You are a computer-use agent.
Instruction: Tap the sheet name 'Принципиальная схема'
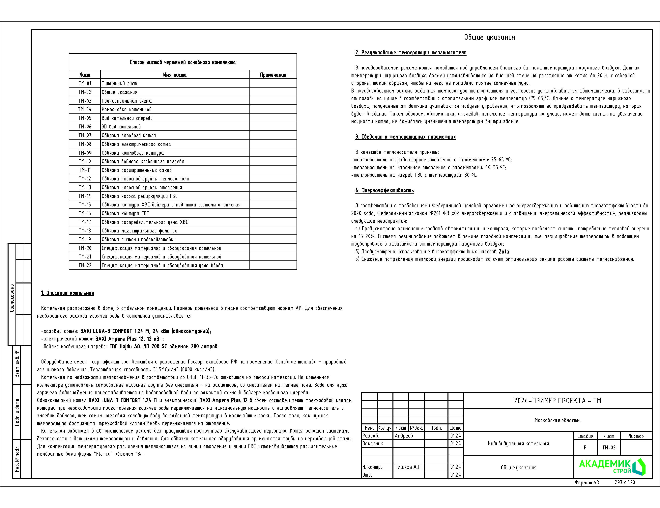point(127,101)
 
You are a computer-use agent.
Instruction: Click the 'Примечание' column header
point(273,75)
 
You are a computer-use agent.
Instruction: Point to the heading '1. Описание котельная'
point(68,293)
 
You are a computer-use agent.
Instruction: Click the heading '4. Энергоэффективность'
point(384,191)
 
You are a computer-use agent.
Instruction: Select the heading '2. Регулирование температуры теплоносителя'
point(411,53)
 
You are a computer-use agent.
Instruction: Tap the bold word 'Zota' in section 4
point(503,252)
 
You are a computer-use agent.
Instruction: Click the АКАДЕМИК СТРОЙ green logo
point(612,467)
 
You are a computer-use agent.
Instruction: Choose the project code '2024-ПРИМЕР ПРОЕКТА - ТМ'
point(557,401)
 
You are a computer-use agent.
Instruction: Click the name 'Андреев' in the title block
point(404,436)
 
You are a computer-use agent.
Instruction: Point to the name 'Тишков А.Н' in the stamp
point(408,467)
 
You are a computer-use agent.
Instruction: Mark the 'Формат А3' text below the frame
point(587,483)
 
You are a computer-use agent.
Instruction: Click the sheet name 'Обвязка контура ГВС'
point(125,214)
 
